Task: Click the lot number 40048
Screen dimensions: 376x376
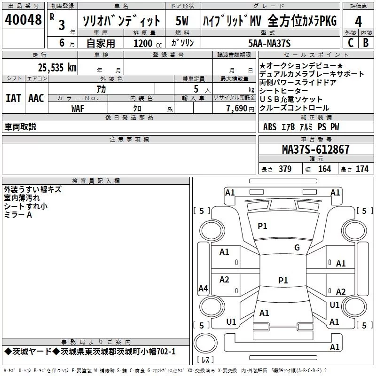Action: (23, 20)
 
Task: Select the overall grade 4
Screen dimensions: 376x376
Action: (358, 22)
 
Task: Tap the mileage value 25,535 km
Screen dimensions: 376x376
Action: (57, 68)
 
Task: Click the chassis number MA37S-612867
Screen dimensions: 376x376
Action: (316, 149)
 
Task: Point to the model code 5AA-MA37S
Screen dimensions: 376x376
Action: (269, 43)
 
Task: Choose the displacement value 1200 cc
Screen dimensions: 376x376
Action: (148, 44)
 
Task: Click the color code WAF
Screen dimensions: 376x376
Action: (78, 109)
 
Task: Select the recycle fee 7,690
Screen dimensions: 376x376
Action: (237, 109)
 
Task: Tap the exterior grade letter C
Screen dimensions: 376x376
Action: (351, 43)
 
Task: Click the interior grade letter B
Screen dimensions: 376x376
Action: (366, 43)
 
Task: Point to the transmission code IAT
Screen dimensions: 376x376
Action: (14, 98)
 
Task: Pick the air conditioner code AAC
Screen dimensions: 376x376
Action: (36, 98)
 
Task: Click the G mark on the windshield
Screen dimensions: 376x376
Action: (297, 247)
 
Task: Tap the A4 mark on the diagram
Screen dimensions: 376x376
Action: (203, 288)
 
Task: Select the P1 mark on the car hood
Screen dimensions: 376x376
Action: (262, 226)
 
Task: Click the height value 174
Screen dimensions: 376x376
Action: (362, 169)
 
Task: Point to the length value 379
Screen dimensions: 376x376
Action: (285, 169)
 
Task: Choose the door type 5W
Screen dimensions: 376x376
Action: (182, 21)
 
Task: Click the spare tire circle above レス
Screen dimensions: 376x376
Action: (205, 343)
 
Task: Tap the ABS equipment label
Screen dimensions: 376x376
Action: (270, 127)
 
